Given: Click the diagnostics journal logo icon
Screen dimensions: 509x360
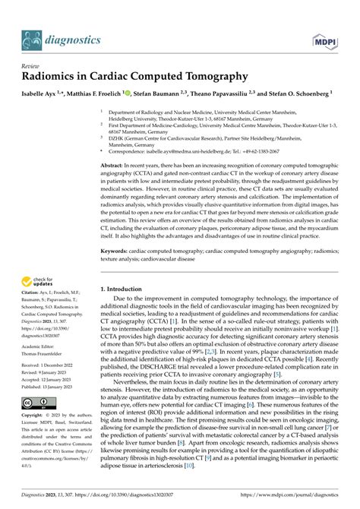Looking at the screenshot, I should [x=33, y=37].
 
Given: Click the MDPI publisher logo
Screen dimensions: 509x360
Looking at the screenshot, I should [x=321, y=38].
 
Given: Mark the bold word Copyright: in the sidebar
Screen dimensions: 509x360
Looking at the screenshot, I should [x=36, y=416].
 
